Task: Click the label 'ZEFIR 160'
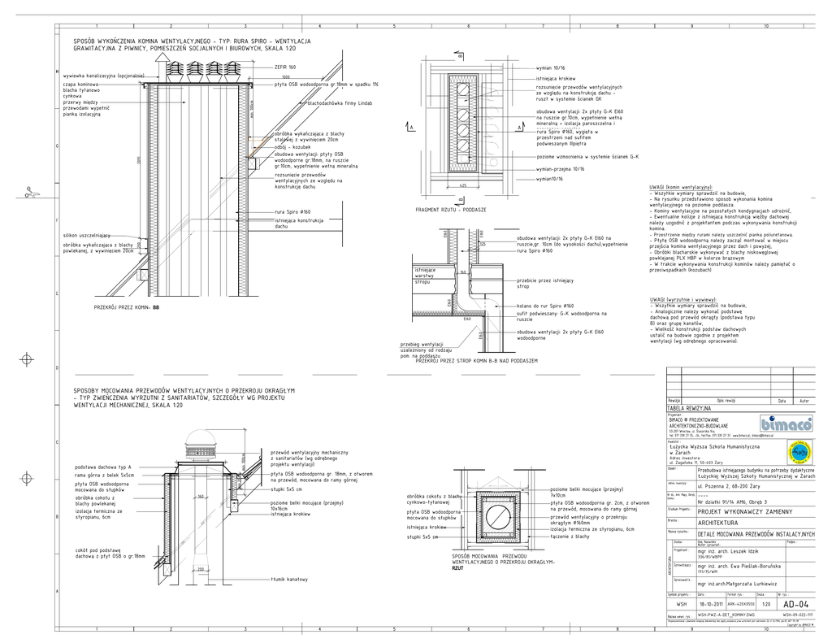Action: tap(285, 67)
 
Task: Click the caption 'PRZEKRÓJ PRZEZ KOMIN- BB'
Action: tap(128, 308)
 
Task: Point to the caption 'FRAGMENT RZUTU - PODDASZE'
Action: tap(451, 210)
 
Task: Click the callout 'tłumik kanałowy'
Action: tap(290, 580)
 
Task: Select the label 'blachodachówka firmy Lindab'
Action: tap(340, 103)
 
